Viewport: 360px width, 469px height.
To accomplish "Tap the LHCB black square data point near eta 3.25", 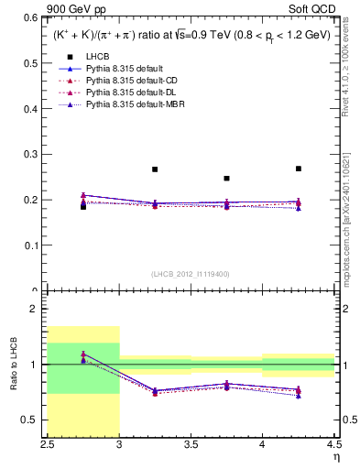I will tap(155, 169).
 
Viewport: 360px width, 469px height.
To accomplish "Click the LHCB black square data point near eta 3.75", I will tap(226, 179).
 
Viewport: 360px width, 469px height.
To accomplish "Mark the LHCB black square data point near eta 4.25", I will tap(299, 169).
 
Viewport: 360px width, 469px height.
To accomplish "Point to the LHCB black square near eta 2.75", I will tap(83, 206).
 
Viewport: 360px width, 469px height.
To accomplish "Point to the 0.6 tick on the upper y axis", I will tap(34, 17).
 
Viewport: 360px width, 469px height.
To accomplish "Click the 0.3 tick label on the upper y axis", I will tap(34, 154).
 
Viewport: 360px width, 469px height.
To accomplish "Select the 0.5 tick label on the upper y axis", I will tap(34, 63).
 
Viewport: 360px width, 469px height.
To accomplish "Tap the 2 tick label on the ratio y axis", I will tap(38, 310).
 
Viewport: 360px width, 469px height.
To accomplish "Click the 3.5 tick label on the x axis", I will tap(191, 443).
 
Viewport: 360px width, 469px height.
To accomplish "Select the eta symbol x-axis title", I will tap(336, 455).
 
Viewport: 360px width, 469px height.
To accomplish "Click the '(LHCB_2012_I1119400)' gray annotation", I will tap(191, 274).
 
